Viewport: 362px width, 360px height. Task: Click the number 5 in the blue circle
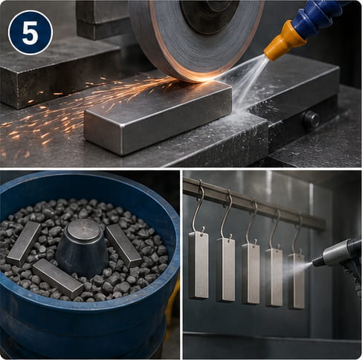tap(30, 33)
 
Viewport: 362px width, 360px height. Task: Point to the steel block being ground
tap(158, 118)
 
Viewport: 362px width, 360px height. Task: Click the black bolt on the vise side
tap(311, 118)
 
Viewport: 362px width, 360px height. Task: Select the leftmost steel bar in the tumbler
tap(24, 244)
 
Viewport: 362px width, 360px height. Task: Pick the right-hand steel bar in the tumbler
tap(123, 245)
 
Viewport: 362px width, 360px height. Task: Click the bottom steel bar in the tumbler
tap(58, 278)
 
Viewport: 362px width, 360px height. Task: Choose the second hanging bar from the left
tap(226, 270)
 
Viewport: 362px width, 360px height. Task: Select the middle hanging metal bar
tap(251, 273)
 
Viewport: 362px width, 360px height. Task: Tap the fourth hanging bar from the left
tap(274, 277)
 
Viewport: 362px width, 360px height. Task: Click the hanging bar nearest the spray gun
tap(297, 281)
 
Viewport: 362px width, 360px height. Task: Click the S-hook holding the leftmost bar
tap(198, 206)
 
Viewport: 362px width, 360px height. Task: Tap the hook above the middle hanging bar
tap(251, 220)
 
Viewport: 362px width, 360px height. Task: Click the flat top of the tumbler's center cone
tap(84, 230)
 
